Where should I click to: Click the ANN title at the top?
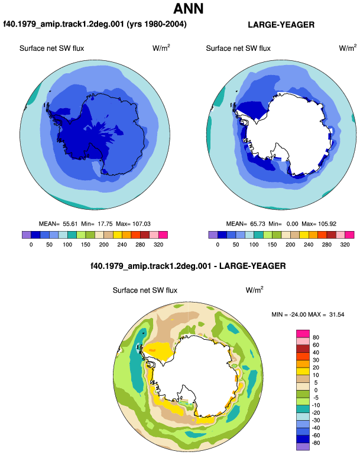[189, 8]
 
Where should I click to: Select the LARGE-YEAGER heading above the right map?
[281, 25]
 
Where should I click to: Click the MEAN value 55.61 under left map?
[70, 224]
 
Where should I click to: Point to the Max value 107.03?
[141, 224]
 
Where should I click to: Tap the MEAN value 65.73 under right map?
[258, 224]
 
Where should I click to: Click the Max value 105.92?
[327, 224]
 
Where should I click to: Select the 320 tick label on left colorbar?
[158, 245]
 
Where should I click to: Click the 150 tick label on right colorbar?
[272, 245]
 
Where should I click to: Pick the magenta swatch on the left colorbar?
[163, 235]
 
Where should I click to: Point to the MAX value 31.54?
[337, 314]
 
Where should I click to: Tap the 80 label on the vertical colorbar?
[316, 337]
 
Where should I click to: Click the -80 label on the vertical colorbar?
[316, 443]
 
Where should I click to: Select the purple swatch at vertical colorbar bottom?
[303, 447]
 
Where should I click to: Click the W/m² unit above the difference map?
[254, 290]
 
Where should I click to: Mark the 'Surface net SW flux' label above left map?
[51, 48]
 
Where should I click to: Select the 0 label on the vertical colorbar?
[316, 390]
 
